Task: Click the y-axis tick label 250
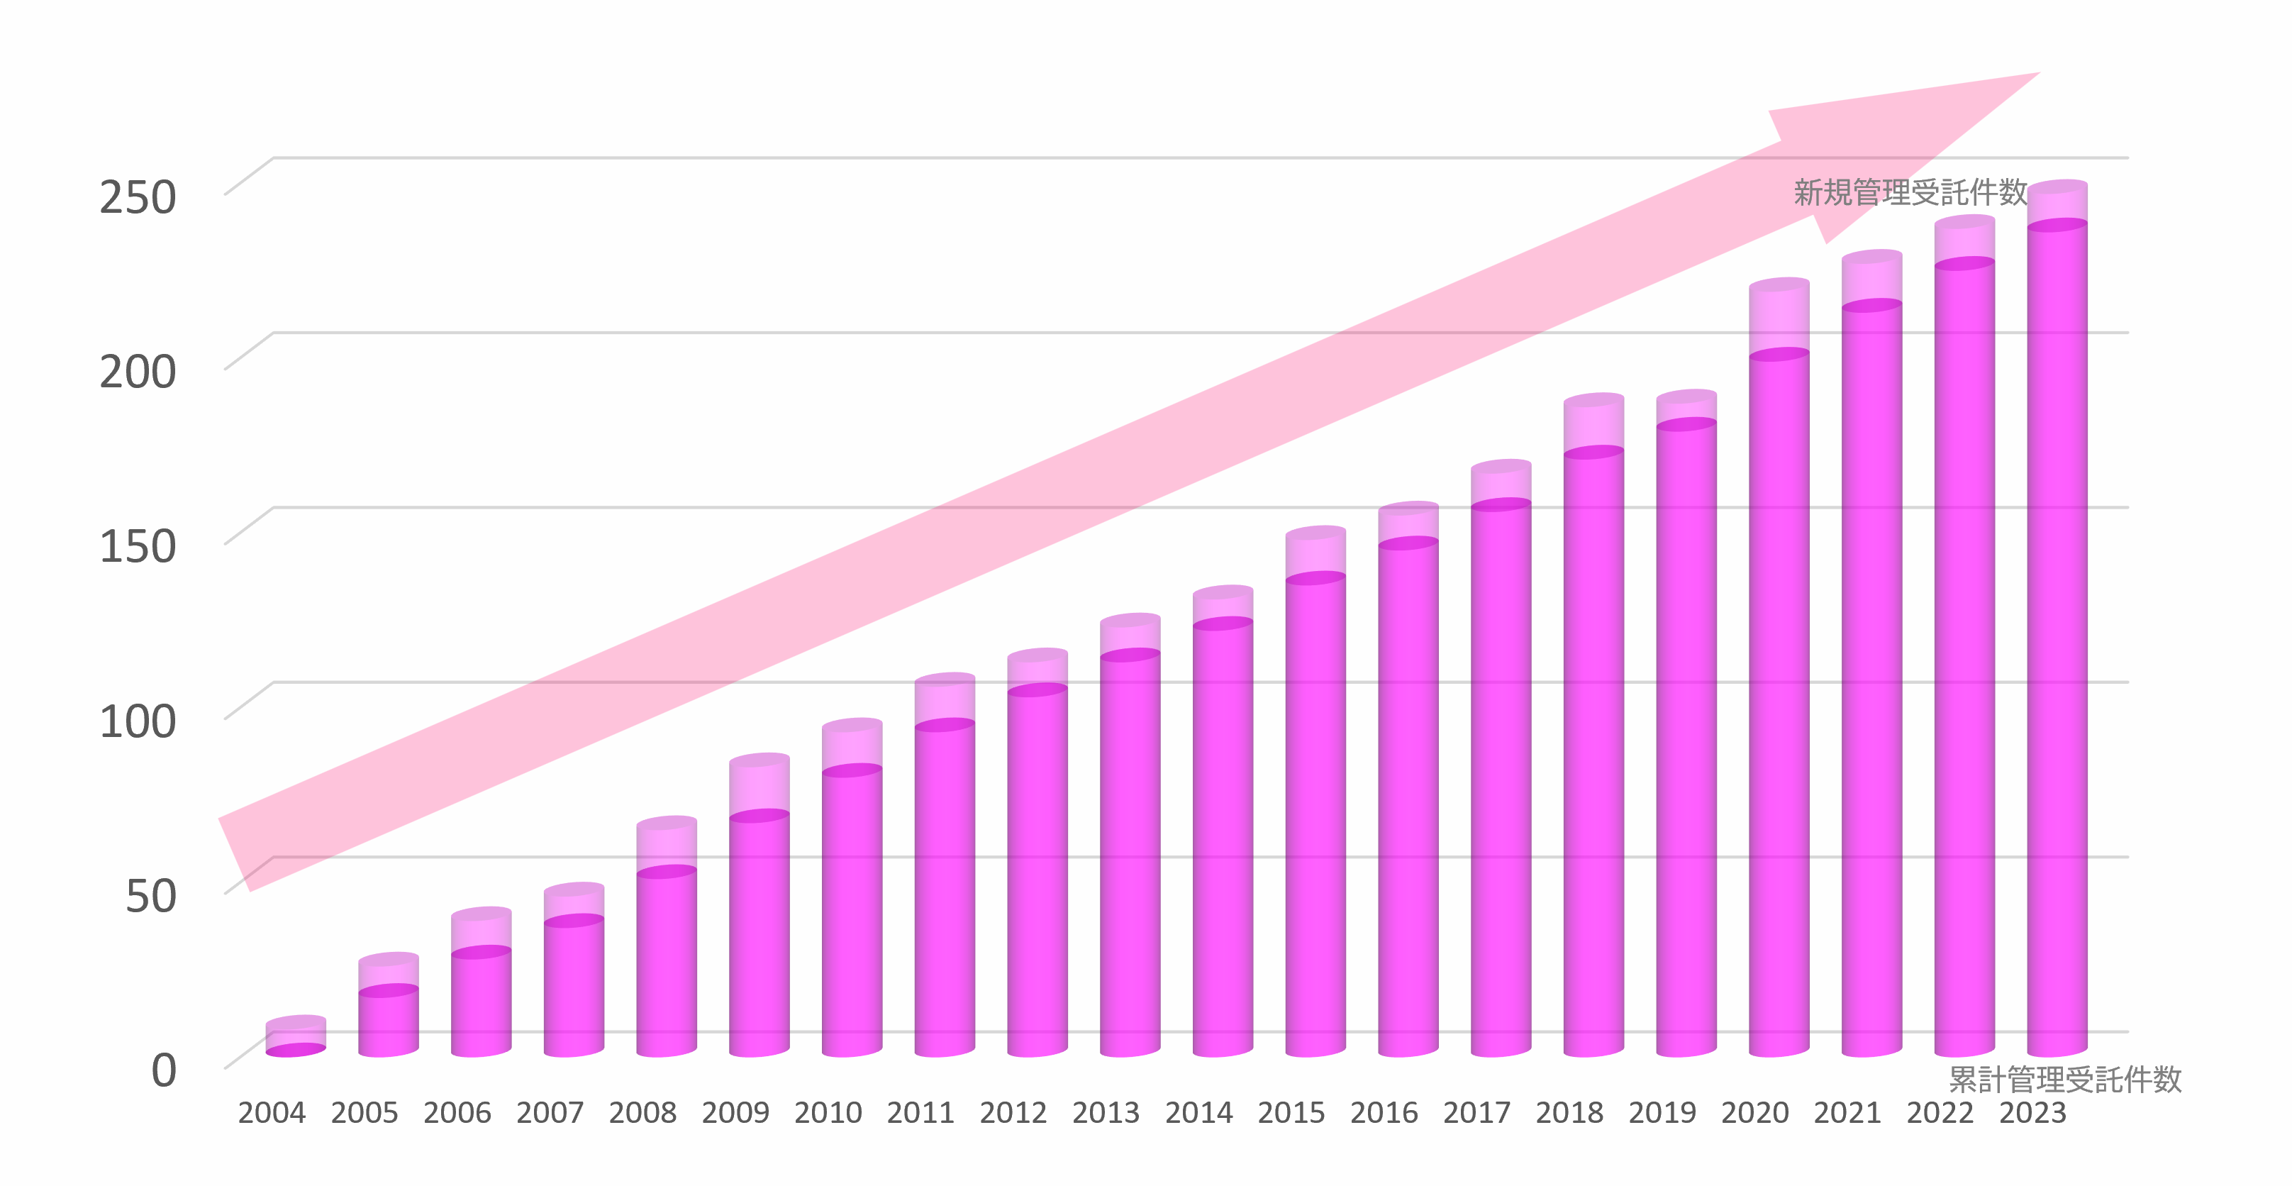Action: point(138,197)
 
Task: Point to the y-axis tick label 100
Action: point(138,721)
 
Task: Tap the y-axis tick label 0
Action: point(164,1070)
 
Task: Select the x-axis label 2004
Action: point(272,1113)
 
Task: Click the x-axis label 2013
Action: point(1106,1113)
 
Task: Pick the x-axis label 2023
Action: point(2033,1113)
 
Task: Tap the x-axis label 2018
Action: point(1569,1113)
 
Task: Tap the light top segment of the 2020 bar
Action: point(1779,318)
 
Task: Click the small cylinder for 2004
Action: point(296,1036)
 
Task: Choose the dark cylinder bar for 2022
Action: point(1964,658)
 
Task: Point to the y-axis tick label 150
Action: point(138,546)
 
